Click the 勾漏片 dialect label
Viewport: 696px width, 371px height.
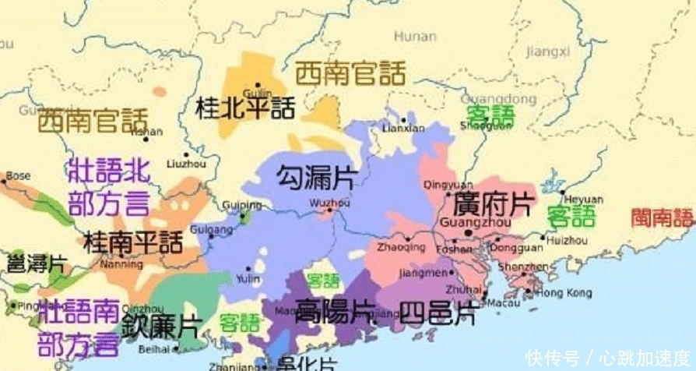click(x=315, y=178)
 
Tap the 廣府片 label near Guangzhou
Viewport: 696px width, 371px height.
click(x=489, y=205)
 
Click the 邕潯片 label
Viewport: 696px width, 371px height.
click(x=36, y=263)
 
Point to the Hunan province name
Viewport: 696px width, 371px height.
click(x=414, y=36)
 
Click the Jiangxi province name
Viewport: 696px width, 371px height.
click(x=548, y=51)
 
